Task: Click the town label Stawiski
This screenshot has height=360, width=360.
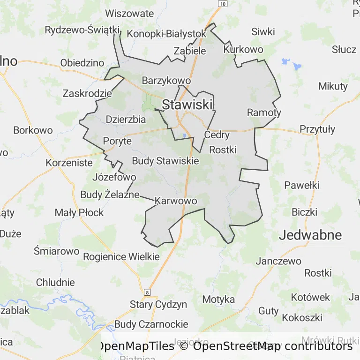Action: coord(187,105)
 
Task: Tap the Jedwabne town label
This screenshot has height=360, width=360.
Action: coord(310,235)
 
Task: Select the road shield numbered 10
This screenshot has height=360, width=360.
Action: coord(223,4)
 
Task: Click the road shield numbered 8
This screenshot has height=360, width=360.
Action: coord(148,292)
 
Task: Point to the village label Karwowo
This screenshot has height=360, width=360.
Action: coord(175,201)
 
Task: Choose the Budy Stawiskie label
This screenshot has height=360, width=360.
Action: coord(165,161)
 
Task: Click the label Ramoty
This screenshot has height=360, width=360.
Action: coord(264,112)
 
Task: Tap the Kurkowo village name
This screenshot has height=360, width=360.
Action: coord(243,49)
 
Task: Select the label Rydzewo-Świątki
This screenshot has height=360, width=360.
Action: coord(82,30)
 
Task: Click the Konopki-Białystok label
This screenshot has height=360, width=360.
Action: coord(166,34)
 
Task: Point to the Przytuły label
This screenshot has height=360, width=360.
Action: coord(317,129)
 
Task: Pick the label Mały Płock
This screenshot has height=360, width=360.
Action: coord(79,212)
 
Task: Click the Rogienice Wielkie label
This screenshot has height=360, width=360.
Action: coord(121,256)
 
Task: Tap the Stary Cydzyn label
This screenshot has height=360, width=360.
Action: coord(158,304)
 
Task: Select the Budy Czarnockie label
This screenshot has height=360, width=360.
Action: coord(151,324)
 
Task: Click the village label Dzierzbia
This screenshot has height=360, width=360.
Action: coord(126,119)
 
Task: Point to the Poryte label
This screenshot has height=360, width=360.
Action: coord(117,141)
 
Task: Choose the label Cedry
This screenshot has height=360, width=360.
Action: coord(217,135)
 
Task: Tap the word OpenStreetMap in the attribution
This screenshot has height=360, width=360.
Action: coord(237,346)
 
